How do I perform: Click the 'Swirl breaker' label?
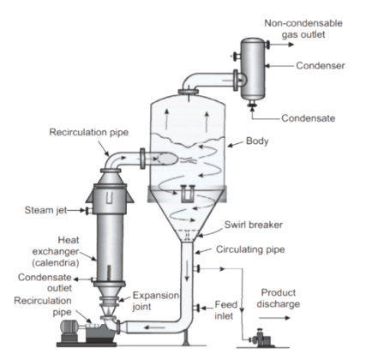click(253, 225)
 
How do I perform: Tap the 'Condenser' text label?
click(321, 66)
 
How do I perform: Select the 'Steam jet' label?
click(45, 210)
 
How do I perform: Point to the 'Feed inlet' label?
click(225, 310)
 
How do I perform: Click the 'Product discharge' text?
click(278, 298)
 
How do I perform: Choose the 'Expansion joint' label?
click(156, 301)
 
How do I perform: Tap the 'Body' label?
click(257, 141)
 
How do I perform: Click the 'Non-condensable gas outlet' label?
click(303, 28)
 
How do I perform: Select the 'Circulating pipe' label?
click(250, 249)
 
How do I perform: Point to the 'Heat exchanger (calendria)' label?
click(56, 251)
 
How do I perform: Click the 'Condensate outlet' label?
click(45, 283)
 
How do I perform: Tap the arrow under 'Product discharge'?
click(274, 318)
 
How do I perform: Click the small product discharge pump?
click(260, 338)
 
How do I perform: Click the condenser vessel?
click(252, 69)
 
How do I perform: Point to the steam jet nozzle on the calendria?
click(88, 211)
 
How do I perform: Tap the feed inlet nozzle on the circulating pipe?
click(196, 308)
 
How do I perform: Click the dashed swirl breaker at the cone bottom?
click(187, 235)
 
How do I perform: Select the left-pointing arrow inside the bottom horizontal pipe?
click(154, 327)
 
